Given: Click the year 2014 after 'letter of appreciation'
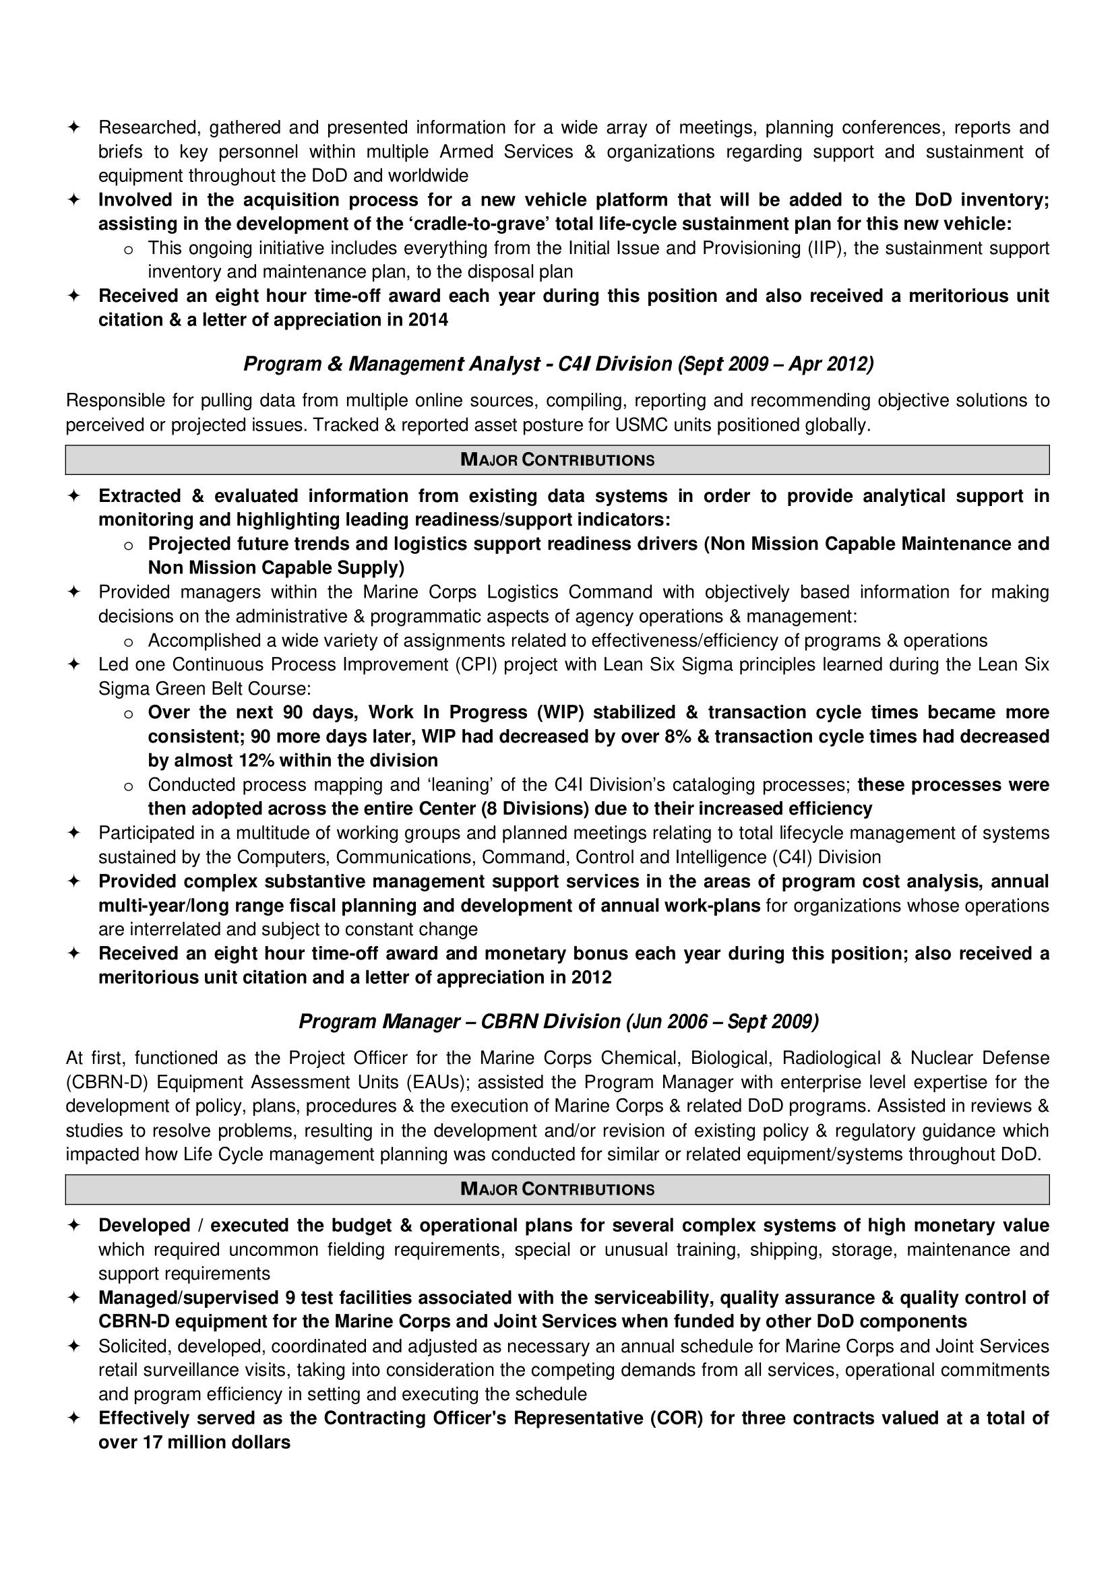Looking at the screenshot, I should [429, 320].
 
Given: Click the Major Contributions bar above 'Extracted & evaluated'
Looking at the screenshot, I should [557, 460].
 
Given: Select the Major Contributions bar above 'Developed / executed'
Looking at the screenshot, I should [557, 1189].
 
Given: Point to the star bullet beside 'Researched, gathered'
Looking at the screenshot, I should [73, 127].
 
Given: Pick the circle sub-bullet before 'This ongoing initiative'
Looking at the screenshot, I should [127, 249].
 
